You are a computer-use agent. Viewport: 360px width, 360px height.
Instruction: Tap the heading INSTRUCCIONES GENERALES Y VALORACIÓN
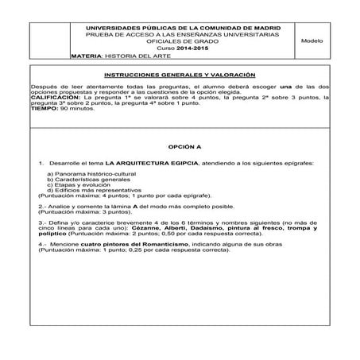(x=180, y=72)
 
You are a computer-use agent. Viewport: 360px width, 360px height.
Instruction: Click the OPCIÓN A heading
(x=180, y=148)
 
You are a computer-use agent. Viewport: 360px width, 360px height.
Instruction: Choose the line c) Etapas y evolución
(x=77, y=186)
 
